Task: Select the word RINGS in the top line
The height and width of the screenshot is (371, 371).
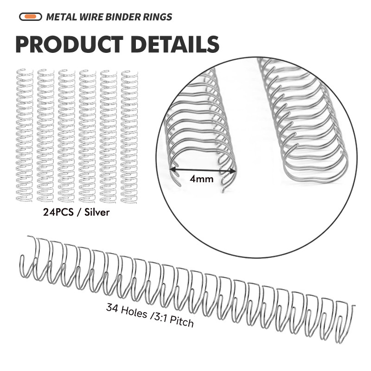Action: click(x=157, y=17)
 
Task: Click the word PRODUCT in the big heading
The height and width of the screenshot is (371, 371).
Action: click(x=69, y=44)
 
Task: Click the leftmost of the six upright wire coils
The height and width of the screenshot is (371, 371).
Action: click(x=24, y=135)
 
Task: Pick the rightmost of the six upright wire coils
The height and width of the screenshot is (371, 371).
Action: click(x=129, y=135)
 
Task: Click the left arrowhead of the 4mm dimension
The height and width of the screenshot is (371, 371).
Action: click(x=172, y=170)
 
